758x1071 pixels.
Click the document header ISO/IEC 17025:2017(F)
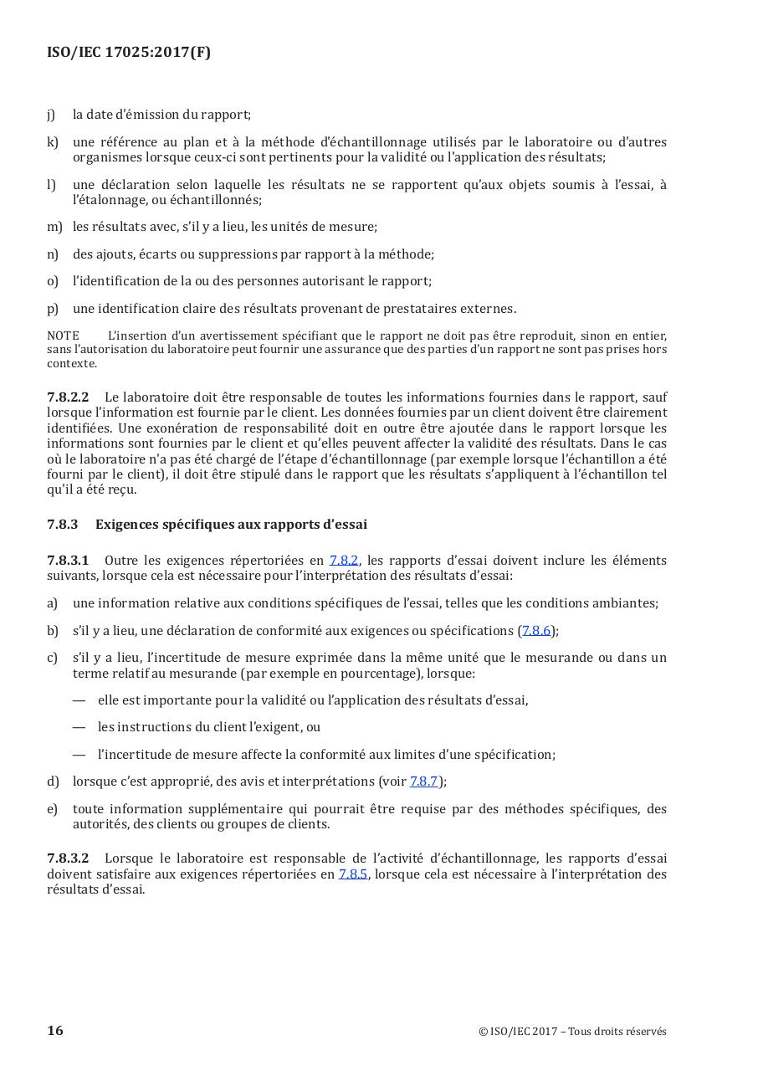point(129,52)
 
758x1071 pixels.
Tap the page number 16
point(55,1030)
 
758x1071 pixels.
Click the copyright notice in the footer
point(572,1031)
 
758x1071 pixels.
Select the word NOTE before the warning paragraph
point(63,336)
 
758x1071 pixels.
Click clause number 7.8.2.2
point(68,397)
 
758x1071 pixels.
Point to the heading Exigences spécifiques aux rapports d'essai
point(231,524)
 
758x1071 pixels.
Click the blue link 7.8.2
point(344,560)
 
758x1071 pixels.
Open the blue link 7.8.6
point(536,630)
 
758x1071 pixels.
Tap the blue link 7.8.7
point(424,781)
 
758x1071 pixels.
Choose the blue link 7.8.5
point(353,874)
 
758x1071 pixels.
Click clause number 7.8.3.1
point(68,560)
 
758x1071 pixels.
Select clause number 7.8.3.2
point(68,858)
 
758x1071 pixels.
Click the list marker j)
point(51,115)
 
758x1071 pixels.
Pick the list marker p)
point(53,308)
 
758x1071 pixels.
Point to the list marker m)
point(54,226)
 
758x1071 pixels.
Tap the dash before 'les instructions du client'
point(79,727)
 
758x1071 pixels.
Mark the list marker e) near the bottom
point(53,808)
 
